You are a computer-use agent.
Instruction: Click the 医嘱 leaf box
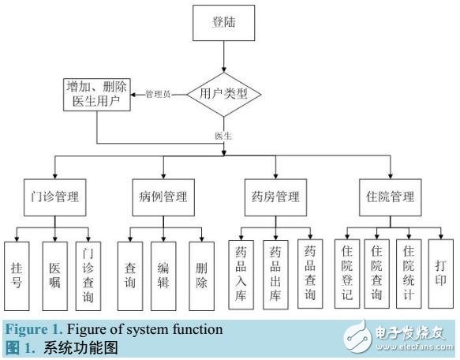click(x=54, y=272)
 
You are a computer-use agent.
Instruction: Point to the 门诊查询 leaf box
click(x=88, y=272)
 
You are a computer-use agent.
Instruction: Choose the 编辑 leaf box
click(x=163, y=272)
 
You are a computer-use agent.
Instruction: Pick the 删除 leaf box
click(x=201, y=272)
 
